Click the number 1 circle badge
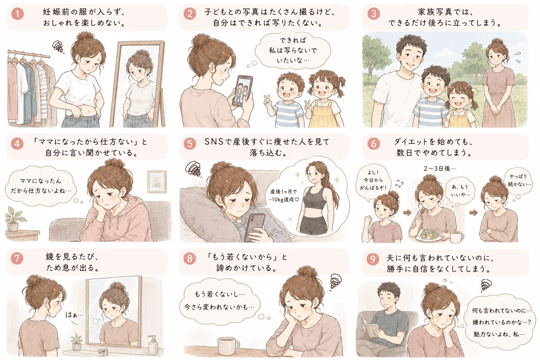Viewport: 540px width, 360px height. (18, 13)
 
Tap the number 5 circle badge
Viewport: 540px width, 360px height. (190, 144)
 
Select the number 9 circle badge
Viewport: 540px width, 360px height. (373, 259)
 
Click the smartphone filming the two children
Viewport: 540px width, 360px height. (243, 91)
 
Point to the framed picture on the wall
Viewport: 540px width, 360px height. (157, 181)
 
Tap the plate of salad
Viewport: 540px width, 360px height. (428, 235)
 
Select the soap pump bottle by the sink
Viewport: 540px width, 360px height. (153, 345)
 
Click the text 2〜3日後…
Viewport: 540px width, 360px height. (440, 169)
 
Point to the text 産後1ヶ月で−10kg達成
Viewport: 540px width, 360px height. (284, 196)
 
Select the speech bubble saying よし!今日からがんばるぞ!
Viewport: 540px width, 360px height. (373, 183)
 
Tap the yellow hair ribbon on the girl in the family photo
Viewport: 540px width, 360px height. (474, 91)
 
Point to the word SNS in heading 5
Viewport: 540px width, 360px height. (214, 142)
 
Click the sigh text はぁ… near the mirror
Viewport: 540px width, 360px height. (74, 315)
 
